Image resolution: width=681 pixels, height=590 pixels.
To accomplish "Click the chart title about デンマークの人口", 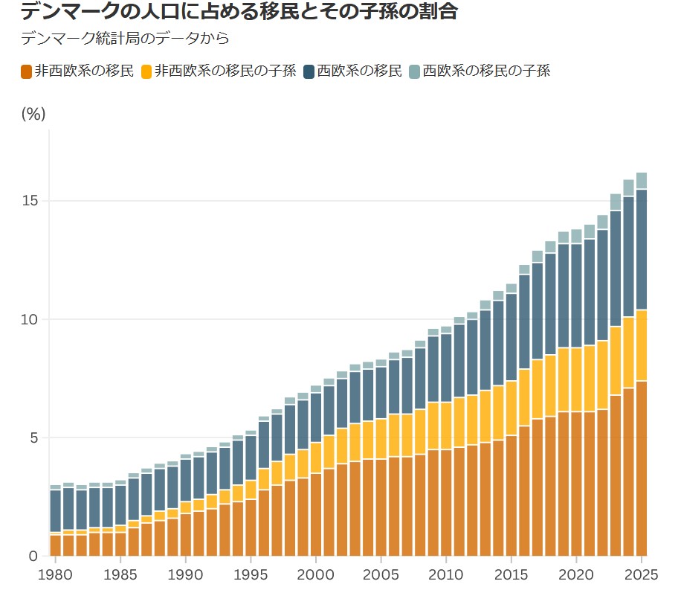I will point(238,12).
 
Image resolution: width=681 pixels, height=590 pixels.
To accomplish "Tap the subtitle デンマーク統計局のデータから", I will point(125,38).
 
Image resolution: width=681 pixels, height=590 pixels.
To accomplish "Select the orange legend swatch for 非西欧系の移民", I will point(27,72).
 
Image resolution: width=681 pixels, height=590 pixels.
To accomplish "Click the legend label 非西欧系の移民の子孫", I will point(225,71).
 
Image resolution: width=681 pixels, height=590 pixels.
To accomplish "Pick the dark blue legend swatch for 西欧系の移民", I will point(310,72).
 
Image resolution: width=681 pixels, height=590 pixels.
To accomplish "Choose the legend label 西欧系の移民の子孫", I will point(486,71).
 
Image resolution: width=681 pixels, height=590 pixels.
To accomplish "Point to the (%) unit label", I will point(33,114).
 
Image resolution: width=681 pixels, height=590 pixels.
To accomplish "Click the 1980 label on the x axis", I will point(54,574).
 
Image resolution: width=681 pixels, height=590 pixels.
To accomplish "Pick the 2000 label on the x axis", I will point(315,574).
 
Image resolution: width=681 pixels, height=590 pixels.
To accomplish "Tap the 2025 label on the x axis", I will point(642,574).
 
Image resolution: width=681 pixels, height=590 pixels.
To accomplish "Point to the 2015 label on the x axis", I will point(511,574).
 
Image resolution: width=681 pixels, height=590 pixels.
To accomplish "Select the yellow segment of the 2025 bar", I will point(642,345).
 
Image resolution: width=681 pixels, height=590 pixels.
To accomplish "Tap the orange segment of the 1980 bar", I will point(55,545).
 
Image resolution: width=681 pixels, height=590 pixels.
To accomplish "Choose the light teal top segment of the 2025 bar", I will point(642,181).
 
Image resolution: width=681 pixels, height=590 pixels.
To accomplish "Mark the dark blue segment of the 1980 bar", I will point(55,511).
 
